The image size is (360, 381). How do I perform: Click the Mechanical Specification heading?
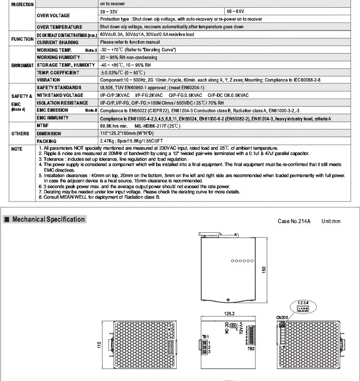(x=48, y=219)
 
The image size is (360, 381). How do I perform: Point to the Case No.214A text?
(x=294, y=221)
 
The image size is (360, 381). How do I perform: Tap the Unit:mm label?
(x=330, y=221)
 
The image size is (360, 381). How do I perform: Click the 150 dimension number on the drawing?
(x=264, y=271)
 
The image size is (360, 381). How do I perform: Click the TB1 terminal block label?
(x=205, y=336)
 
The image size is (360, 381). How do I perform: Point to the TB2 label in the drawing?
(x=251, y=348)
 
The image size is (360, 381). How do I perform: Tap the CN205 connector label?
(x=282, y=317)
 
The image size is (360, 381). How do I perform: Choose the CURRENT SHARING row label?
(x=58, y=42)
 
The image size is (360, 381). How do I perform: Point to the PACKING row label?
(x=47, y=141)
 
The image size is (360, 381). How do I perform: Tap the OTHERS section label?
(x=20, y=133)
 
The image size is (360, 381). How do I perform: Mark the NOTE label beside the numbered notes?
(x=17, y=149)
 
